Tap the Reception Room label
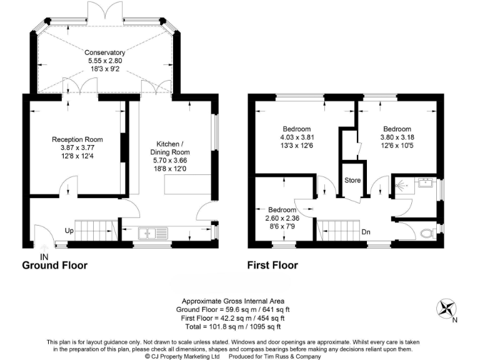coord(77,139)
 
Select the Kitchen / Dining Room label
coord(169,147)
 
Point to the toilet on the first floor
coord(427,234)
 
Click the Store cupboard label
coord(353,181)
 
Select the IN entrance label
coord(44,256)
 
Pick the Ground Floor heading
coord(55,266)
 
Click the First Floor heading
coord(272,266)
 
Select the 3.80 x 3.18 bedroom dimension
coord(397,138)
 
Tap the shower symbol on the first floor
coord(402,185)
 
